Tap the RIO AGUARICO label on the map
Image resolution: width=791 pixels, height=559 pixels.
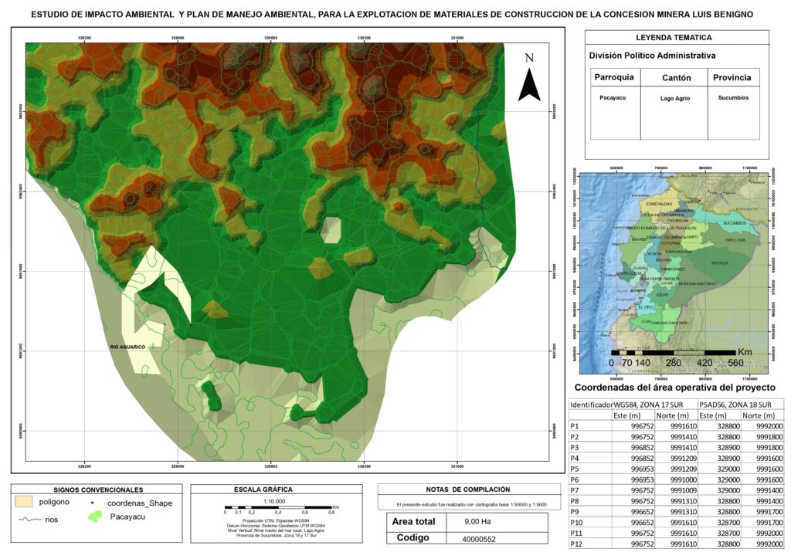tap(127, 347)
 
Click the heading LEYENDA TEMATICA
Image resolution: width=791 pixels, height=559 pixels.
tap(674, 37)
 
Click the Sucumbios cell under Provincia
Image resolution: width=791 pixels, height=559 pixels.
tap(733, 98)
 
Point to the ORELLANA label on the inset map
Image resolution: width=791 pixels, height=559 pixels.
tap(735, 240)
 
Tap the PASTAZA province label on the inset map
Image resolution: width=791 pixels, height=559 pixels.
tap(720, 263)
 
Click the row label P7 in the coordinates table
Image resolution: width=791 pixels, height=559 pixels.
tap(575, 490)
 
